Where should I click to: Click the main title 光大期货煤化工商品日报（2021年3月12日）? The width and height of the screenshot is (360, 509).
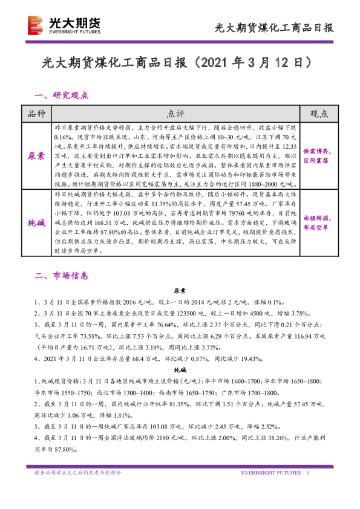180,62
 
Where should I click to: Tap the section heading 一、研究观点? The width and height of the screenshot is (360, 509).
62,95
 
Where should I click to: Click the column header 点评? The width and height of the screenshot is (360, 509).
176,114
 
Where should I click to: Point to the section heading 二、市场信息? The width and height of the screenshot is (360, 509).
62,276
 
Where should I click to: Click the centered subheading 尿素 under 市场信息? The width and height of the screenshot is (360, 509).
180,290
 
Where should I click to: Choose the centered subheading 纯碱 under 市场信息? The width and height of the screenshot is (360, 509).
180,369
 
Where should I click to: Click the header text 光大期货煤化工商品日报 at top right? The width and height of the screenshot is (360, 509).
275,27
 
